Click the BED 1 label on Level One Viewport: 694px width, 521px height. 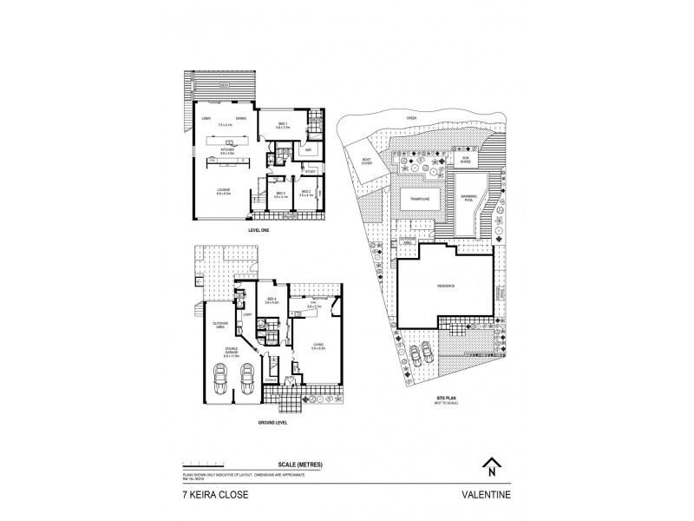pos(282,123)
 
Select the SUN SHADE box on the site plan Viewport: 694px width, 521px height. pos(465,159)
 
